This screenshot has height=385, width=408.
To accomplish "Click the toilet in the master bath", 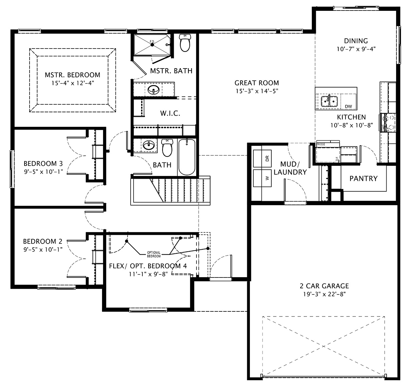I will point(185,43).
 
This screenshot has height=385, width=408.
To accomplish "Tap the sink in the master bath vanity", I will point(154,90).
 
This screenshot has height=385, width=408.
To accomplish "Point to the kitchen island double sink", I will point(329,101).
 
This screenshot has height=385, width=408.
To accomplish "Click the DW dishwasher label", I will point(348,107).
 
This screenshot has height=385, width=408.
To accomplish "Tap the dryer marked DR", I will point(262,158).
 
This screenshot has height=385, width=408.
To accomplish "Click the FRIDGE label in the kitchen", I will point(321,144).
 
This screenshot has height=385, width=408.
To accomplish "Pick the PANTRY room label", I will point(363,178).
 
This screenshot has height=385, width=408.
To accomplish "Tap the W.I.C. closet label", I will point(170,113).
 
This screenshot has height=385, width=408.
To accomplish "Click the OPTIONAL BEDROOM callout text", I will point(154,254).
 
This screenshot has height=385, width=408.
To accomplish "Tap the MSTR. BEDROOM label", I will point(72,75).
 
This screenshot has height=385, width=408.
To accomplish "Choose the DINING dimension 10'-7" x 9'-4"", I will point(356,49).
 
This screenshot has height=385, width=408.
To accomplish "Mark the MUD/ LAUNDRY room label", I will point(290,168).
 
